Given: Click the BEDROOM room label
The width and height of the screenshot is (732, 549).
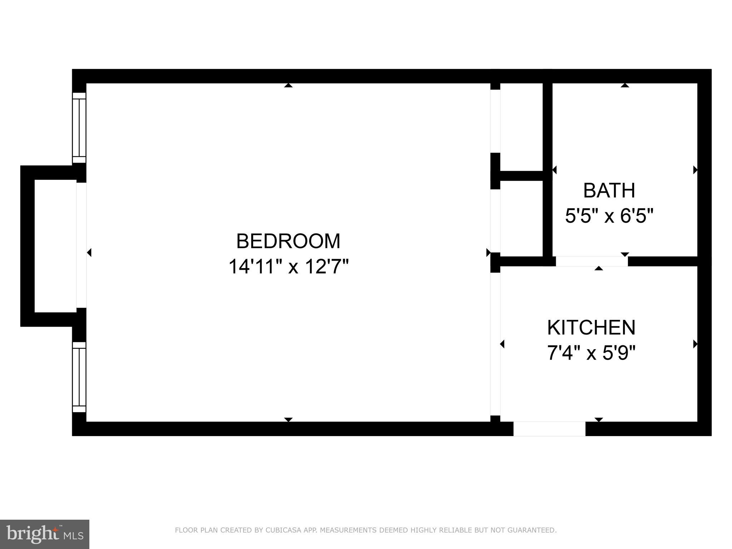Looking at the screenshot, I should click(x=288, y=241).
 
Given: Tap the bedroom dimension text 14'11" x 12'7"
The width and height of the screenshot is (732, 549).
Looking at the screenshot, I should click(x=288, y=267).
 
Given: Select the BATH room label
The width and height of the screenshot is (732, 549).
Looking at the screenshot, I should click(x=609, y=191).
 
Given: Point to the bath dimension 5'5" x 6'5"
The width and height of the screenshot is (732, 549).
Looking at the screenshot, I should click(x=609, y=216).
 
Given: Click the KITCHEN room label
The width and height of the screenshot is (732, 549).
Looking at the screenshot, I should click(x=591, y=327).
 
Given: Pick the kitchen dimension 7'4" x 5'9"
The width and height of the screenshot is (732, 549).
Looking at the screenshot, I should click(x=591, y=353).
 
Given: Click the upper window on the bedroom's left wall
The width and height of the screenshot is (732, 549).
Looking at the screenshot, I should click(x=79, y=128).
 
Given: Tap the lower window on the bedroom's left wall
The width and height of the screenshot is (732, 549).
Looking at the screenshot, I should click(x=79, y=377).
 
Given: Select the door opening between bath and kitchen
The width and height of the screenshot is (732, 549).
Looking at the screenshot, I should click(x=592, y=261).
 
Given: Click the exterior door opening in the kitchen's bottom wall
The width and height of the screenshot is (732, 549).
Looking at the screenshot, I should click(x=549, y=429).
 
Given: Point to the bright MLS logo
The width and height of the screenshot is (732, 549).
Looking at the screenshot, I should click(x=45, y=534).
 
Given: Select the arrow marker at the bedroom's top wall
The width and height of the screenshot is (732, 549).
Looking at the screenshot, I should click(x=288, y=85).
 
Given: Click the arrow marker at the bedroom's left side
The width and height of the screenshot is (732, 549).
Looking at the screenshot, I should click(x=89, y=253).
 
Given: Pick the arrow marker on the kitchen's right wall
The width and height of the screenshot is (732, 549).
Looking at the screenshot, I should click(x=695, y=344).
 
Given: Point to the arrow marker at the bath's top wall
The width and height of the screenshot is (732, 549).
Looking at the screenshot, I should click(x=625, y=85).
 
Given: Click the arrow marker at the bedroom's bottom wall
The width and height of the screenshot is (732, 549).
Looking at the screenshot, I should click(x=288, y=420).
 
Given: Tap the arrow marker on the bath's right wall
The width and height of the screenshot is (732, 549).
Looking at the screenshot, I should click(x=695, y=170).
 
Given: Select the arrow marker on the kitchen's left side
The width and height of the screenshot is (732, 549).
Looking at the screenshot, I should click(x=502, y=344).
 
